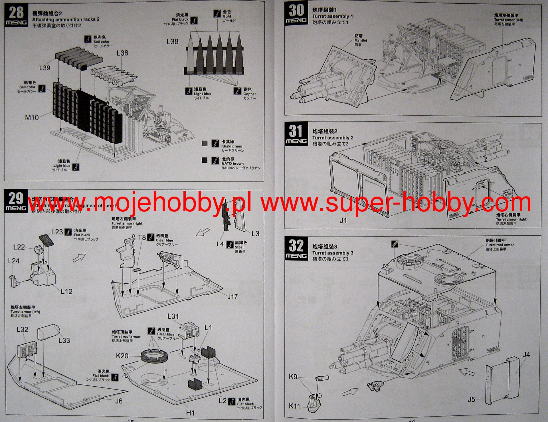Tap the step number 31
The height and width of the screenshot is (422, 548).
click(x=296, y=131)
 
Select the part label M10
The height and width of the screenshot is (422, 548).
click(x=32, y=117)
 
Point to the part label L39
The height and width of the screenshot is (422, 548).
click(x=45, y=68)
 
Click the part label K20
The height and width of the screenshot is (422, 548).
click(x=122, y=356)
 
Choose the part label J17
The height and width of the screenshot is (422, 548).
click(x=232, y=296)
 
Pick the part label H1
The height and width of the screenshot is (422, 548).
click(x=190, y=413)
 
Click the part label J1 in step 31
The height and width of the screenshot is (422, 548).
click(x=343, y=220)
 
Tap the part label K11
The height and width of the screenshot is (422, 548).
click(x=294, y=406)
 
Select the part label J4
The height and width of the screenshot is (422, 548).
click(x=526, y=355)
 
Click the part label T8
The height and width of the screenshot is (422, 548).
click(x=142, y=237)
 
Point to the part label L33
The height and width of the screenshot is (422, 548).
click(x=64, y=340)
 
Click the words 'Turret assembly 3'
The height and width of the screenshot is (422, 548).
click(x=333, y=253)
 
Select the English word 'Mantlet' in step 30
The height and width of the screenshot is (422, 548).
click(x=361, y=41)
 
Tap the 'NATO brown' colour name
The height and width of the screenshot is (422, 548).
click(x=232, y=163)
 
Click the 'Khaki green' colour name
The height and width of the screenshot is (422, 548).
click(x=232, y=146)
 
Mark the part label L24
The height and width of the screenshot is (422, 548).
click(x=14, y=261)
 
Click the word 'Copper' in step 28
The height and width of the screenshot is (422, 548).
click(x=250, y=94)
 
